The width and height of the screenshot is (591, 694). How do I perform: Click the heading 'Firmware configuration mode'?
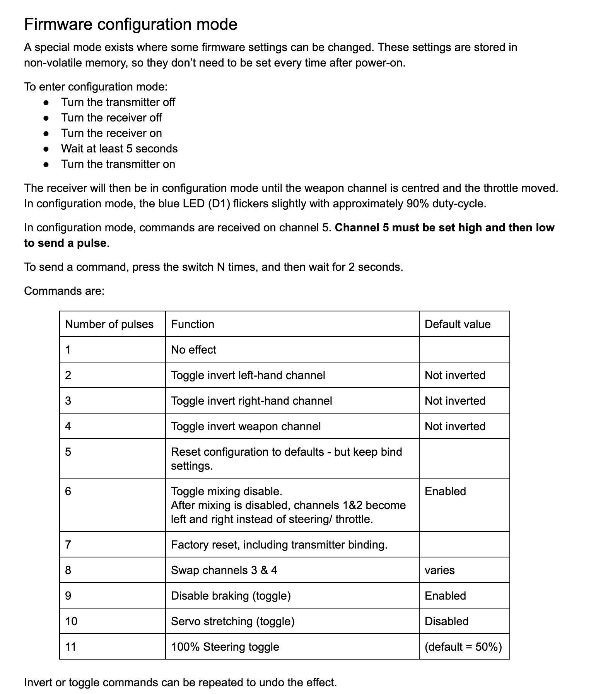(130, 24)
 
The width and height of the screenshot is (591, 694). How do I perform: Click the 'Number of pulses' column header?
(109, 324)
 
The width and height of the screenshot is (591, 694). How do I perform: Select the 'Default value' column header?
(458, 324)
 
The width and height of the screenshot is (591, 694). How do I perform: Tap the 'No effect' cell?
(193, 350)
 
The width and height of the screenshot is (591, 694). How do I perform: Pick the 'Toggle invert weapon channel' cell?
(246, 426)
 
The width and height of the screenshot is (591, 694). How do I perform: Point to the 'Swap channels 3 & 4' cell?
(224, 570)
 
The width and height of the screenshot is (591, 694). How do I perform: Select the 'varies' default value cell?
(439, 570)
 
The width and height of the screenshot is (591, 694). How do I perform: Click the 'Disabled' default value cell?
(446, 621)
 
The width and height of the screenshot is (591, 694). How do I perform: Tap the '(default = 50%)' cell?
(463, 647)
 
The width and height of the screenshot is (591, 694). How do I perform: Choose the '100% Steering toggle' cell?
(225, 647)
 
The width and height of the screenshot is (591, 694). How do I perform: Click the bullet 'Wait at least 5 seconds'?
(119, 149)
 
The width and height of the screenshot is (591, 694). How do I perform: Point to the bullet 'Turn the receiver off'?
(111, 118)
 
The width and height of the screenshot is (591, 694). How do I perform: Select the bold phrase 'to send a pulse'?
(65, 243)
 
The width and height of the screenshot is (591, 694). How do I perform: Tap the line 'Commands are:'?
(64, 291)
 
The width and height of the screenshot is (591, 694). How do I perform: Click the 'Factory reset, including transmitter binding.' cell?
(279, 545)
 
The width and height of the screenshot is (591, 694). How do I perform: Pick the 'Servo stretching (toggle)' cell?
(232, 621)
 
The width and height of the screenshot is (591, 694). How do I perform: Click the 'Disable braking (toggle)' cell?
(231, 596)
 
